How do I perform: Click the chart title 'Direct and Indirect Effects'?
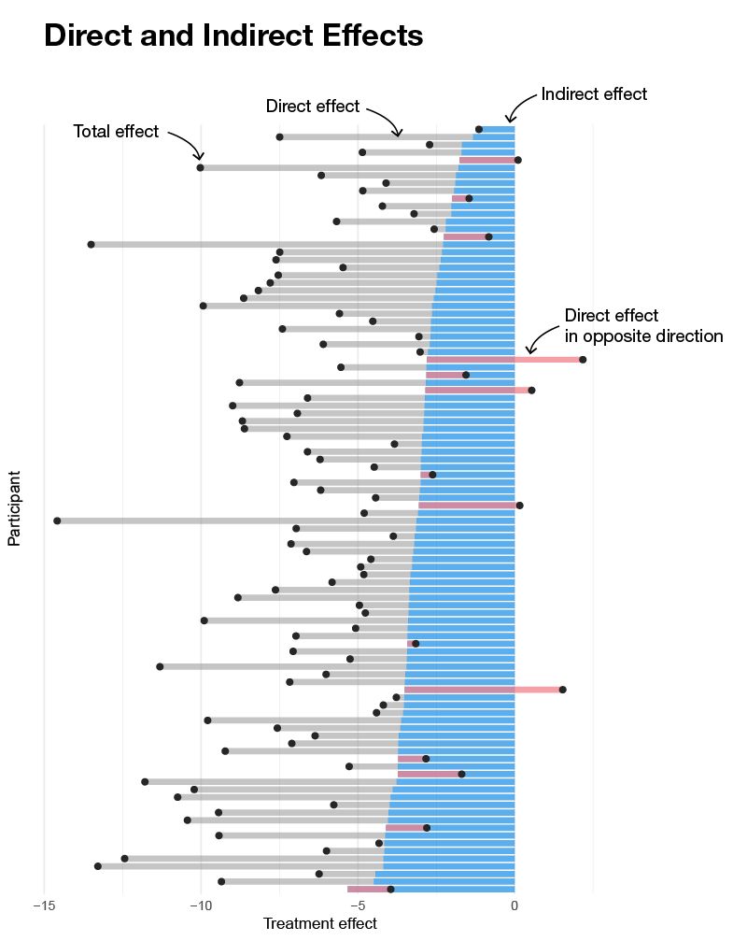[233, 36]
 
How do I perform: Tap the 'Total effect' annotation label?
[116, 132]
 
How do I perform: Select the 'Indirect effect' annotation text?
[594, 94]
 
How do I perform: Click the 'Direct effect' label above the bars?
[313, 107]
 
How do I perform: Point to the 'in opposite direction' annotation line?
[644, 336]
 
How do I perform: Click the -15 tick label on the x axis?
[44, 905]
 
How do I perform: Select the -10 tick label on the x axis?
[201, 905]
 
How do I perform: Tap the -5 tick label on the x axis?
[358, 905]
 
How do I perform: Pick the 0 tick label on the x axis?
[514, 905]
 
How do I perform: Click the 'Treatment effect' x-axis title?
[320, 923]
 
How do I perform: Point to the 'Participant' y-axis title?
[14, 508]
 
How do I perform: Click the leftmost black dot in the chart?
[57, 520]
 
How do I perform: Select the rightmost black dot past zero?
[583, 360]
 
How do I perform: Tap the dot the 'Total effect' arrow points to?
[200, 167]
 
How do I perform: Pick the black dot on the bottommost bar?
[391, 889]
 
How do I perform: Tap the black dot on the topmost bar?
[479, 130]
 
